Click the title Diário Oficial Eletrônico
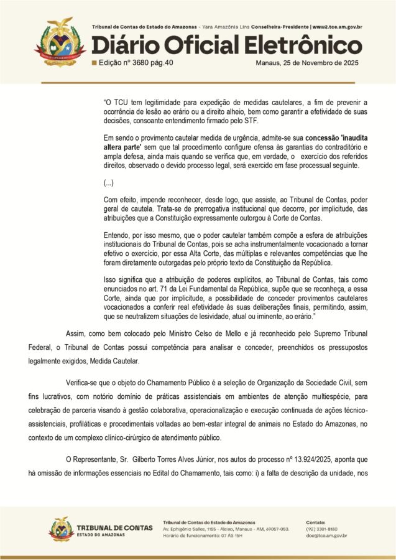pyautogui.click(x=227, y=46)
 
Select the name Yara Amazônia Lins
pyautogui.click(x=223, y=27)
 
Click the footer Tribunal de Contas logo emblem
pyautogui.click(x=62, y=529)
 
